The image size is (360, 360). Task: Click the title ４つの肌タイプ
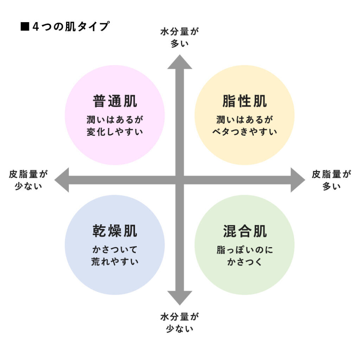pyautogui.click(x=70, y=27)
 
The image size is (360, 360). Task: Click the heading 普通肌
pyautogui.click(x=115, y=102)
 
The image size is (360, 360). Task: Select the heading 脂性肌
pyautogui.click(x=245, y=102)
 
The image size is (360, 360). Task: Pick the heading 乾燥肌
pyautogui.click(x=115, y=231)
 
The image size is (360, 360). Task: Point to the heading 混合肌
pyautogui.click(x=245, y=231)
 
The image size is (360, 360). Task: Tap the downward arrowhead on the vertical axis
pyautogui.click(x=180, y=297)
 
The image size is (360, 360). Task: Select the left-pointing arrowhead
pyautogui.click(x=62, y=180)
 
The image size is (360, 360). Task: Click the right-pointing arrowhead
pyautogui.click(x=297, y=180)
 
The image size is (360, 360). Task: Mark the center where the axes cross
pyautogui.click(x=180, y=180)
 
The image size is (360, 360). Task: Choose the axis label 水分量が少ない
pyautogui.click(x=180, y=323)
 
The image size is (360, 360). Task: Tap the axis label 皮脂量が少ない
pyautogui.click(x=28, y=180)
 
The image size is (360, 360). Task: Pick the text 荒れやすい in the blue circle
pyautogui.click(x=115, y=262)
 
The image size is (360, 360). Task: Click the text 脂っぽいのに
pyautogui.click(x=245, y=250)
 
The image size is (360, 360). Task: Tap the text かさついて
pyautogui.click(x=115, y=250)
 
